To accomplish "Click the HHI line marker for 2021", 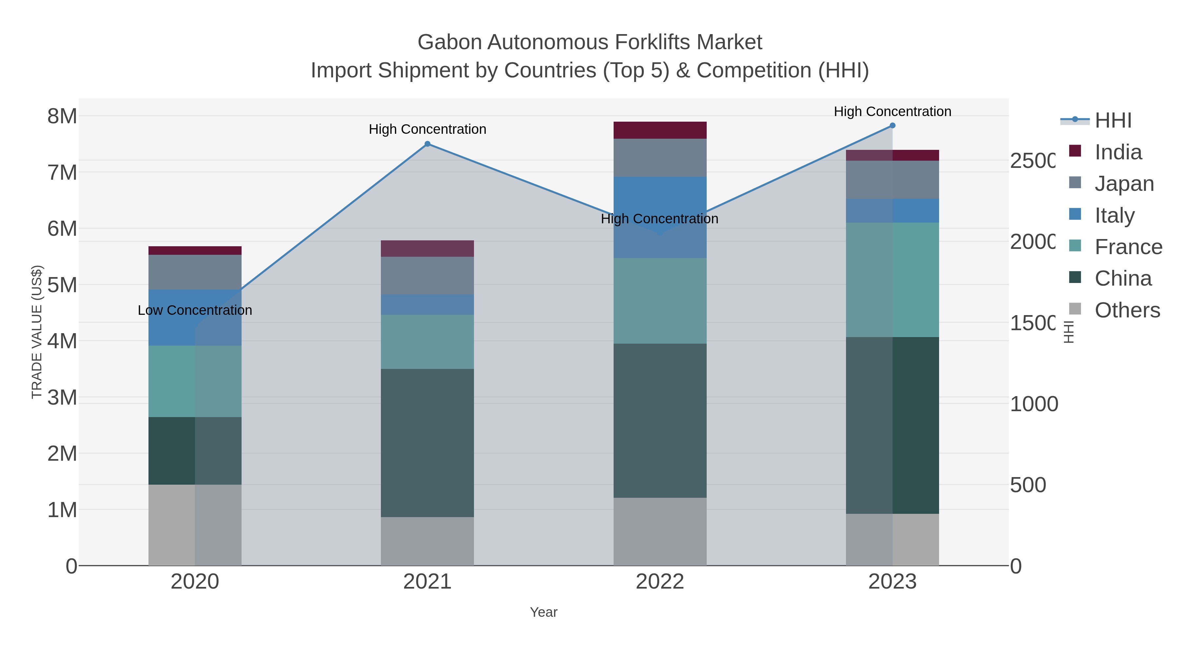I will [x=427, y=144].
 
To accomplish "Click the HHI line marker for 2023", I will [x=892, y=126].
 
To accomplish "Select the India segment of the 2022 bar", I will [x=659, y=130].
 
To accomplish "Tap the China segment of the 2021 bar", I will [x=427, y=443].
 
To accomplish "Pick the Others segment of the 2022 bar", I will [x=659, y=531].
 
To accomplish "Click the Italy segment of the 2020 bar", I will [x=195, y=317].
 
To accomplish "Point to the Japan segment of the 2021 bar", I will [x=427, y=275].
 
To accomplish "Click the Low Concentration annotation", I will [x=195, y=310].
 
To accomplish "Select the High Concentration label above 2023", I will [x=892, y=111].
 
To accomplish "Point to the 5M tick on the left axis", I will [x=62, y=285].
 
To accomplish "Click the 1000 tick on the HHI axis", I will [x=1034, y=404].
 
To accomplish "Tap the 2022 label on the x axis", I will [x=659, y=581].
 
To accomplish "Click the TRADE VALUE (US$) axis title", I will [x=37, y=332].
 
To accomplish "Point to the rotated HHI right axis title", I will [x=1068, y=332].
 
